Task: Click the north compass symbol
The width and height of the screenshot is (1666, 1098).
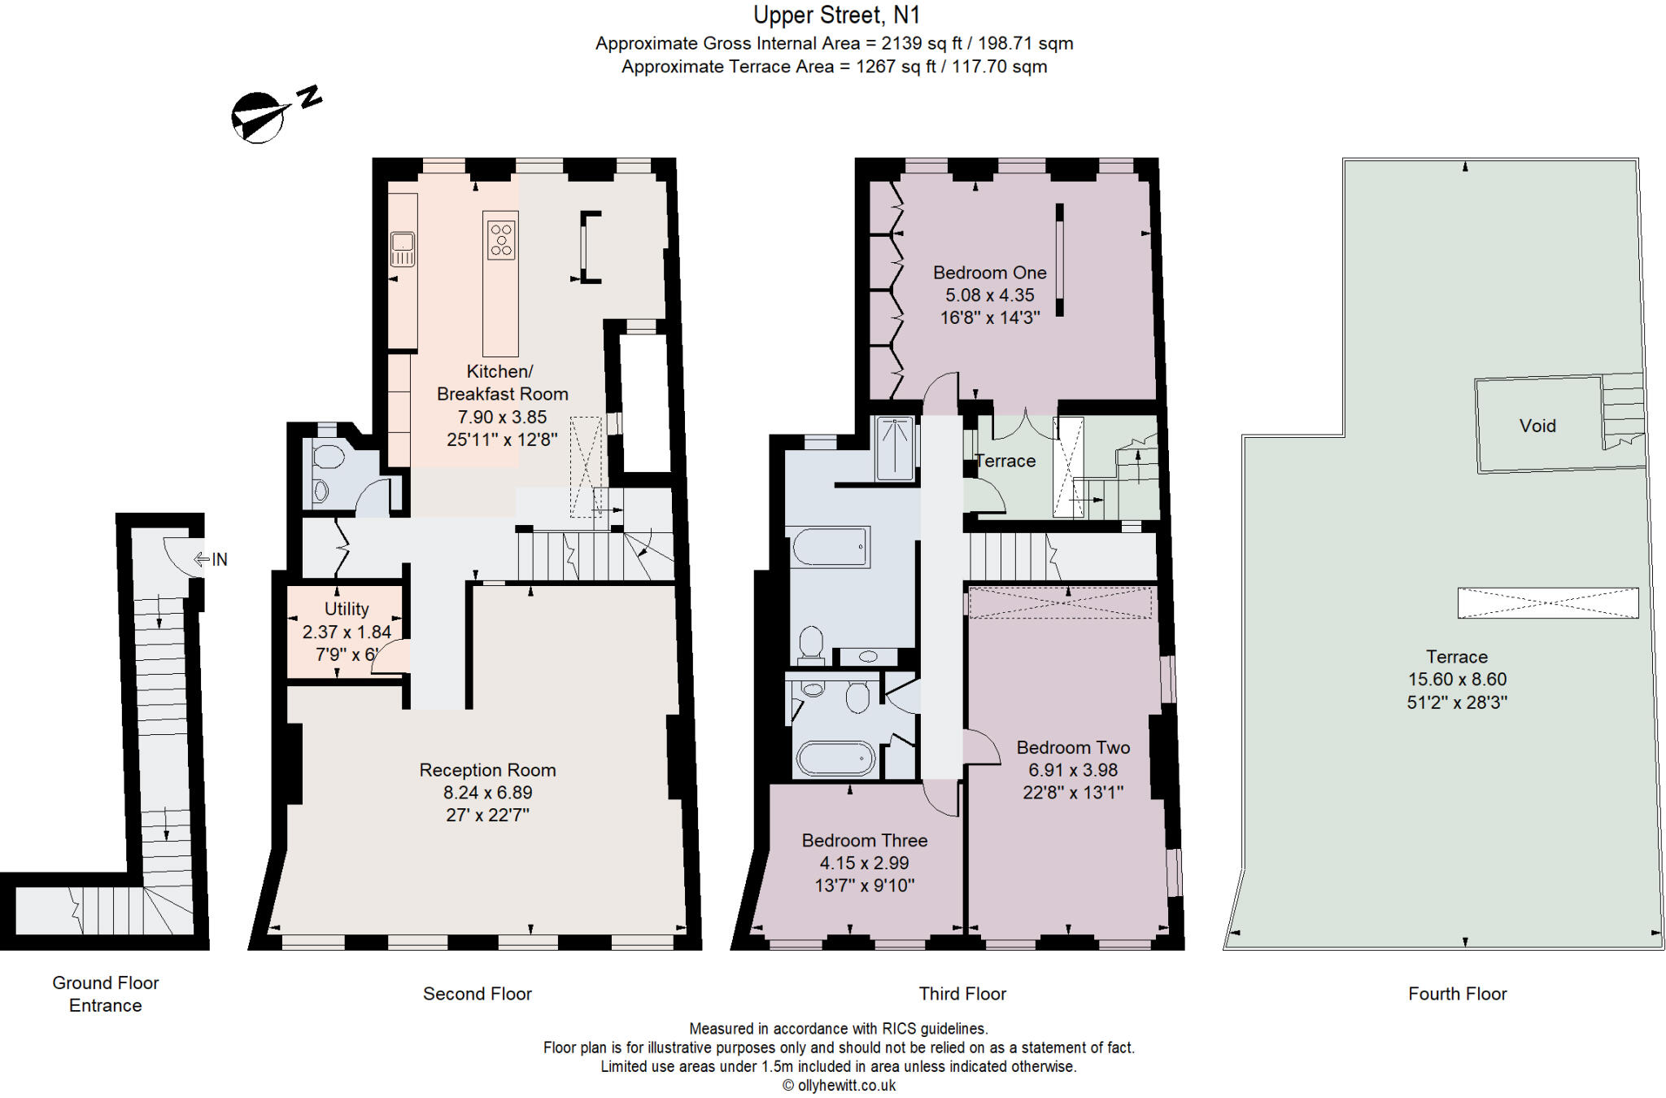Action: [x=275, y=114]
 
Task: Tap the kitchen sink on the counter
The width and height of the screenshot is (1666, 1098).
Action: [x=403, y=249]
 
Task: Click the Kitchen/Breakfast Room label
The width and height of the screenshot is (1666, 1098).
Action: [x=502, y=383]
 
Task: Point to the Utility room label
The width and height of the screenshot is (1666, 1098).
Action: [x=347, y=609]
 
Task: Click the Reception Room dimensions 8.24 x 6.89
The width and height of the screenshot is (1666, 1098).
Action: [x=487, y=793]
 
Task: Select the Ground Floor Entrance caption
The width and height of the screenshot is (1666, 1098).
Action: [x=106, y=994]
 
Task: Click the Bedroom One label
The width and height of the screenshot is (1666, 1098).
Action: [x=990, y=273]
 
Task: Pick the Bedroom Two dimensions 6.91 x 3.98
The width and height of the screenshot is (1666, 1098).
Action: [x=1073, y=770]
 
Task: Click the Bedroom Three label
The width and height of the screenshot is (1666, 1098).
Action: [x=865, y=841]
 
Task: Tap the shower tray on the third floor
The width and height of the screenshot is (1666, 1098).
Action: [x=894, y=448]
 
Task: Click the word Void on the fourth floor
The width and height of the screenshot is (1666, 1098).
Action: [x=1537, y=426]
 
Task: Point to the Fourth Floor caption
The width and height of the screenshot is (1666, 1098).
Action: [x=1458, y=994]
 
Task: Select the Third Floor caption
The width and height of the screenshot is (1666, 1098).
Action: [x=962, y=994]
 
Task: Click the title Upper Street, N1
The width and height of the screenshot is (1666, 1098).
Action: [x=836, y=15]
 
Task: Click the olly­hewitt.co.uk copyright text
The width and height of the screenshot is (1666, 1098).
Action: [x=839, y=1085]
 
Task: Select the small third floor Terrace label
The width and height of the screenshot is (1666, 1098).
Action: [x=1005, y=461]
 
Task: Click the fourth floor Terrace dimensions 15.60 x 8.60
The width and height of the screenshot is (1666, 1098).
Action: [x=1457, y=680]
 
